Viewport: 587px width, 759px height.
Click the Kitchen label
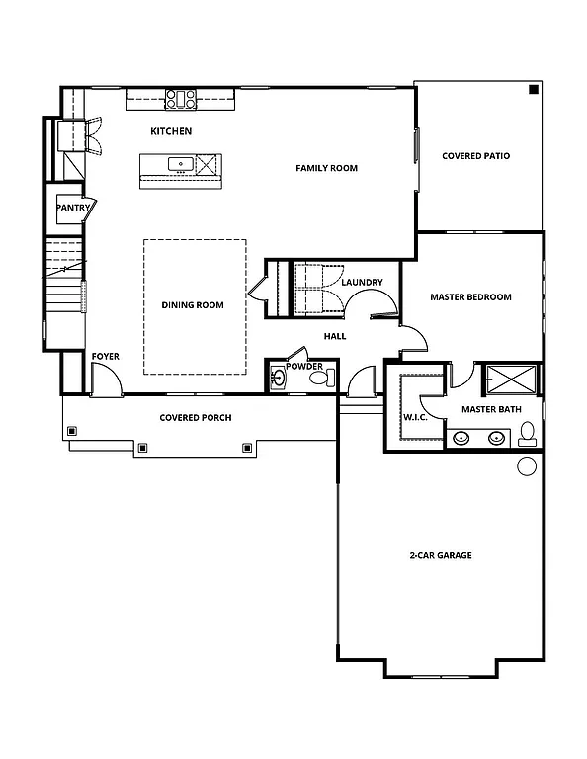pyautogui.click(x=171, y=131)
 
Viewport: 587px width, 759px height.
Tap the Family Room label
pyautogui.click(x=326, y=168)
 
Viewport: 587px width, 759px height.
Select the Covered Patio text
pyautogui.click(x=476, y=156)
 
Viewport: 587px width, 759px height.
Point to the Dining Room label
pyautogui.click(x=193, y=305)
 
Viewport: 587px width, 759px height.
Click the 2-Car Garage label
pyautogui.click(x=440, y=555)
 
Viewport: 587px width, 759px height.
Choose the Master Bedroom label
pyautogui.click(x=470, y=297)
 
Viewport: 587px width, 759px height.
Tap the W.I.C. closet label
pyautogui.click(x=414, y=416)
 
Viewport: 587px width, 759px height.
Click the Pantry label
pyautogui.click(x=73, y=209)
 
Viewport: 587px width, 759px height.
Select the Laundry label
pyautogui.click(x=362, y=283)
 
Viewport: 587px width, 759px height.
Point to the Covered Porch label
pyautogui.click(x=196, y=418)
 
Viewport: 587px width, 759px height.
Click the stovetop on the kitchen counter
pyautogui.click(x=181, y=98)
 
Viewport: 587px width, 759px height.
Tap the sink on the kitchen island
pyautogui.click(x=180, y=164)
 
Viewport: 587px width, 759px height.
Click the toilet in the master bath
pyautogui.click(x=528, y=432)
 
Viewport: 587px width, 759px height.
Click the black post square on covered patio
pyautogui.click(x=533, y=90)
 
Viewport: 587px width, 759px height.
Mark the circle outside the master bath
pyautogui.click(x=527, y=465)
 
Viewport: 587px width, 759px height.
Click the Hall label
pyautogui.click(x=334, y=336)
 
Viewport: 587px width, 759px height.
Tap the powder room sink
pyautogui.click(x=278, y=377)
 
